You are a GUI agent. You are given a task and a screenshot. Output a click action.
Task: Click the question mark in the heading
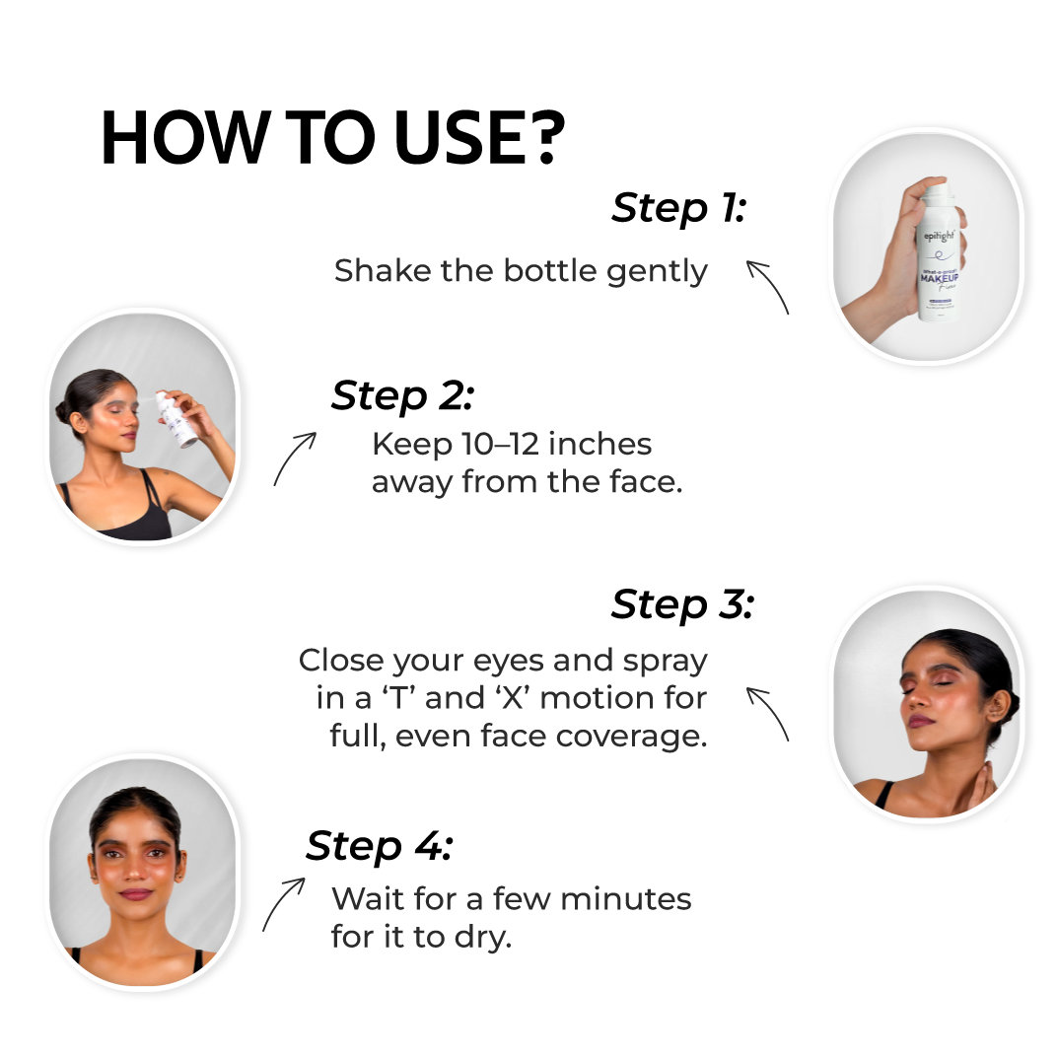543,137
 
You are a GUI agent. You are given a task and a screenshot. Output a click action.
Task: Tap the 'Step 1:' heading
678,208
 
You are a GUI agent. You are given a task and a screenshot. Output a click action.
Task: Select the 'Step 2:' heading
402,395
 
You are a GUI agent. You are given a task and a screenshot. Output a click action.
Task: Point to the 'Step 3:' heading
681,603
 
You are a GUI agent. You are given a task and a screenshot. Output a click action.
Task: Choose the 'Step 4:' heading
379,846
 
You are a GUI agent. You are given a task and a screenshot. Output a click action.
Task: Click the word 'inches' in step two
600,445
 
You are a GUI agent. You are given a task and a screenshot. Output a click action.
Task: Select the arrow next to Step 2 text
294,458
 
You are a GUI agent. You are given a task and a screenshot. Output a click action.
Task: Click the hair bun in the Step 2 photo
64,411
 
